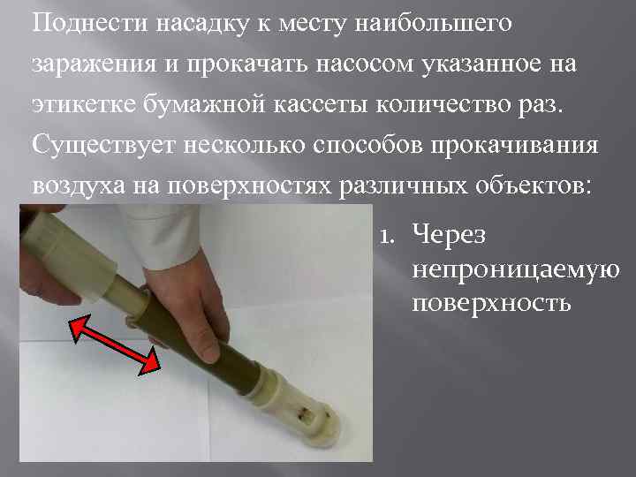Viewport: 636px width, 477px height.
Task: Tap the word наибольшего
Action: click(439, 23)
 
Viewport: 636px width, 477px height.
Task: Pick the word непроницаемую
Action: click(515, 269)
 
